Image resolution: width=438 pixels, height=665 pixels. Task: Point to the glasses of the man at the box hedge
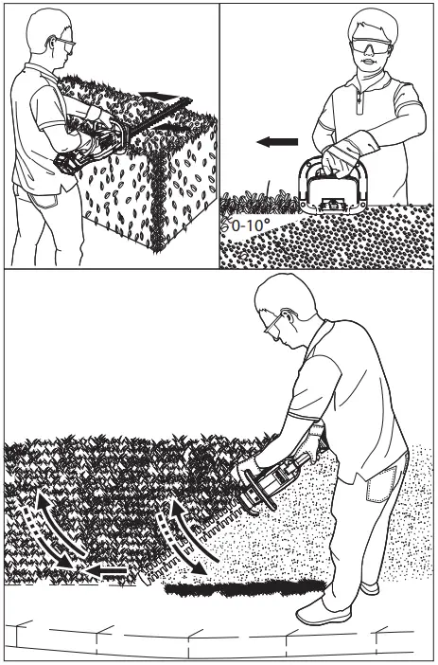point(67,44)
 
